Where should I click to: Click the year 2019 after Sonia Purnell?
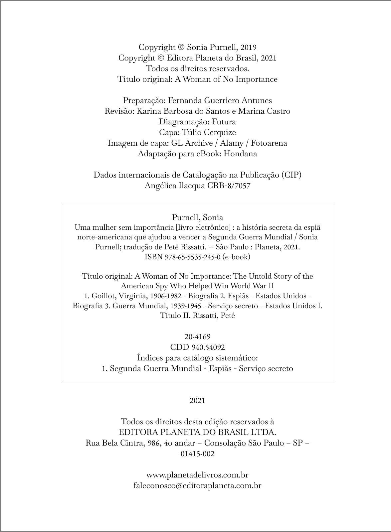click(x=248, y=47)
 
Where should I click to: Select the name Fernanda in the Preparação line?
click(x=183, y=100)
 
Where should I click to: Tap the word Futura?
click(x=224, y=122)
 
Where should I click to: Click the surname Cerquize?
click(x=219, y=132)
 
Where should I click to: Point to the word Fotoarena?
click(x=269, y=143)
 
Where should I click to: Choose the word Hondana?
click(x=240, y=154)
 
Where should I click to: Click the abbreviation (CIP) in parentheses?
click(x=291, y=175)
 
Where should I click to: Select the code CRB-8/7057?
click(x=229, y=186)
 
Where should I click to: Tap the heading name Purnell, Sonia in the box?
click(x=197, y=217)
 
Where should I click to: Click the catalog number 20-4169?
click(x=197, y=336)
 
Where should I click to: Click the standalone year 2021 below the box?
click(x=197, y=401)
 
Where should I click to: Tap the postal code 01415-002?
click(x=197, y=454)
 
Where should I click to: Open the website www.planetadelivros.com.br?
click(x=197, y=475)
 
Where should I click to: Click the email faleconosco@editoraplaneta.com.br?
click(x=197, y=485)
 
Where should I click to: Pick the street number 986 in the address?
click(x=154, y=443)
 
